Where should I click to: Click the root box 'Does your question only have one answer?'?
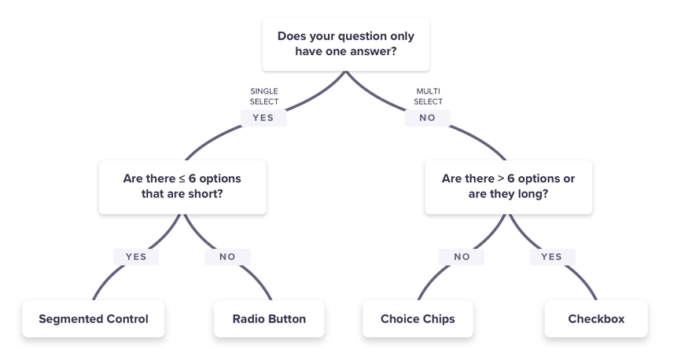346,44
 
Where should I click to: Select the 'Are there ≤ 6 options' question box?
182,187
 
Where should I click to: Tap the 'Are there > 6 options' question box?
509,187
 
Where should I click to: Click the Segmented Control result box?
94,318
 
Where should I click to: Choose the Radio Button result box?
269,318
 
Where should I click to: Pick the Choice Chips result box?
418,318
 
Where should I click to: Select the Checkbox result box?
596,318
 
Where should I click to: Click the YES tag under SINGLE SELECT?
263,118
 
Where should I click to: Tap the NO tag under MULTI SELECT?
428,118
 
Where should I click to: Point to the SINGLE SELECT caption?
264,96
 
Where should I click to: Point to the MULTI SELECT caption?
428,96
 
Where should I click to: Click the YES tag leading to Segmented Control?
136,257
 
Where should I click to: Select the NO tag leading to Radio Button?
228,257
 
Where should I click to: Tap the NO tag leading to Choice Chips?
462,257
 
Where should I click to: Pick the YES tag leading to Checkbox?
553,257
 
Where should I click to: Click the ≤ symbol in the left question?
182,179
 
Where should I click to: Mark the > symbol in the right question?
501,178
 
